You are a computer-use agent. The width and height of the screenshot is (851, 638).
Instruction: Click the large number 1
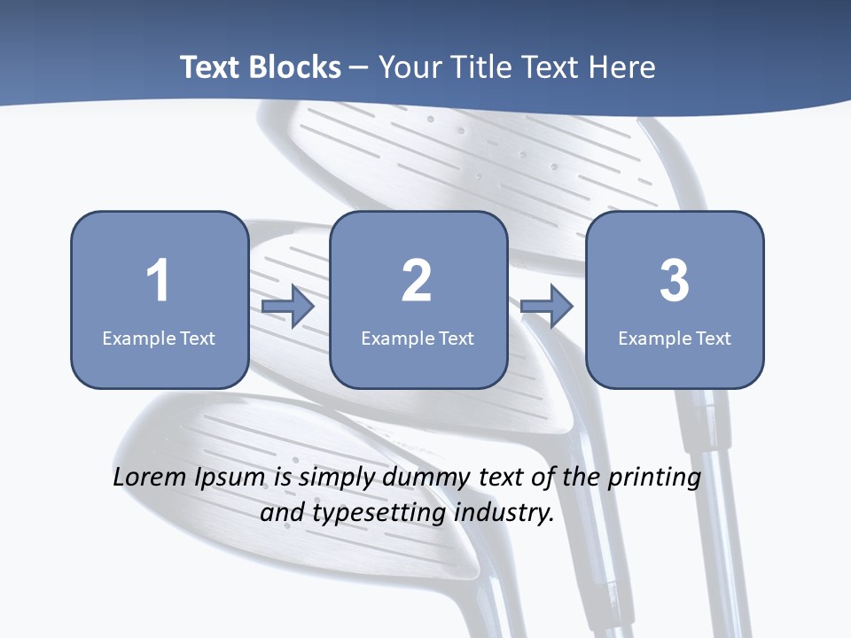pyautogui.click(x=159, y=281)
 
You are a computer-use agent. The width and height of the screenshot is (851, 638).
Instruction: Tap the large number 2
pyautogui.click(x=417, y=281)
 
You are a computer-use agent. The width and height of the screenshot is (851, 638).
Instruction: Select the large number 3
pyautogui.click(x=675, y=281)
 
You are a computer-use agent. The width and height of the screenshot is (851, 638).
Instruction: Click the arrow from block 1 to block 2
pyautogui.click(x=288, y=307)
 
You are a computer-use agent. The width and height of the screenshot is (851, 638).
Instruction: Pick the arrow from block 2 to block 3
pyautogui.click(x=547, y=307)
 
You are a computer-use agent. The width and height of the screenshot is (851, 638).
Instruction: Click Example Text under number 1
pyautogui.click(x=159, y=338)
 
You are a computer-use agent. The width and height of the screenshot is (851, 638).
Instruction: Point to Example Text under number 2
pyautogui.click(x=418, y=338)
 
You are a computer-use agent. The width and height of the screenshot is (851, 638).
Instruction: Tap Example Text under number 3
pyautogui.click(x=675, y=338)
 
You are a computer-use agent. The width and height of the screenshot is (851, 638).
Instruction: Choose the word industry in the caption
pyautogui.click(x=504, y=513)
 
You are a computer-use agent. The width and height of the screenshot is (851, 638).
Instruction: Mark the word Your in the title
pyautogui.click(x=410, y=67)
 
